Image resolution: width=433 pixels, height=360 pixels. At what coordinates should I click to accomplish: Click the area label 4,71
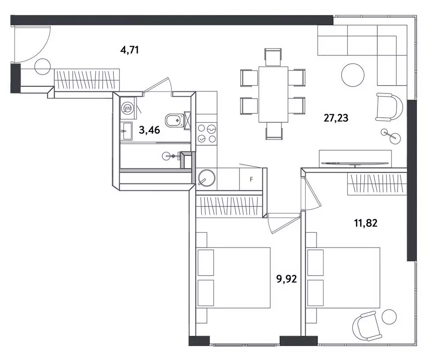coord(129,50)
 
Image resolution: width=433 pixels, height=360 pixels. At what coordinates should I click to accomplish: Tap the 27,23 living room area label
coord(336,118)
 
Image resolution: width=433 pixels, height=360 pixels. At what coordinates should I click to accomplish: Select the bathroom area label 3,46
coord(149,130)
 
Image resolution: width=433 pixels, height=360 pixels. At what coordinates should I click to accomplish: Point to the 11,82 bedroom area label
coord(365,223)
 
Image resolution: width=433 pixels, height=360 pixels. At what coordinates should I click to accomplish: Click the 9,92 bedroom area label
coord(287,279)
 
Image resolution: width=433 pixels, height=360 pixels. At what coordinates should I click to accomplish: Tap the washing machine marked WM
coord(128,108)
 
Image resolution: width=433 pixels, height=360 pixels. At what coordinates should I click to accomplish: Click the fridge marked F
coord(251,179)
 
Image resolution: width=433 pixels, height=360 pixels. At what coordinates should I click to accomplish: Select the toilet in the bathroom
coord(174,120)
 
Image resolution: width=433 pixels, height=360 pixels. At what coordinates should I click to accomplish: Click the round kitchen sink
coord(206,177)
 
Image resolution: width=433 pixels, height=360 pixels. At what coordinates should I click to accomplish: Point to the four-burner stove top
coord(206,134)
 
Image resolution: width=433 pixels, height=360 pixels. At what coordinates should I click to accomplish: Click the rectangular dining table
coord(273,94)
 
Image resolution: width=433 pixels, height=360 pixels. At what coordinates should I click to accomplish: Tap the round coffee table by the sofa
coord(352,75)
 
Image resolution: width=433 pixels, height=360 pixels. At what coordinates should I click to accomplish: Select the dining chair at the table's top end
coord(273,57)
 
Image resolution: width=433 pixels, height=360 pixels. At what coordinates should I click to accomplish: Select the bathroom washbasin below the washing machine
coord(127,131)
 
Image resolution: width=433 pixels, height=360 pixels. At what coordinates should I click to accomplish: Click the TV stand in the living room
coord(355,159)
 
